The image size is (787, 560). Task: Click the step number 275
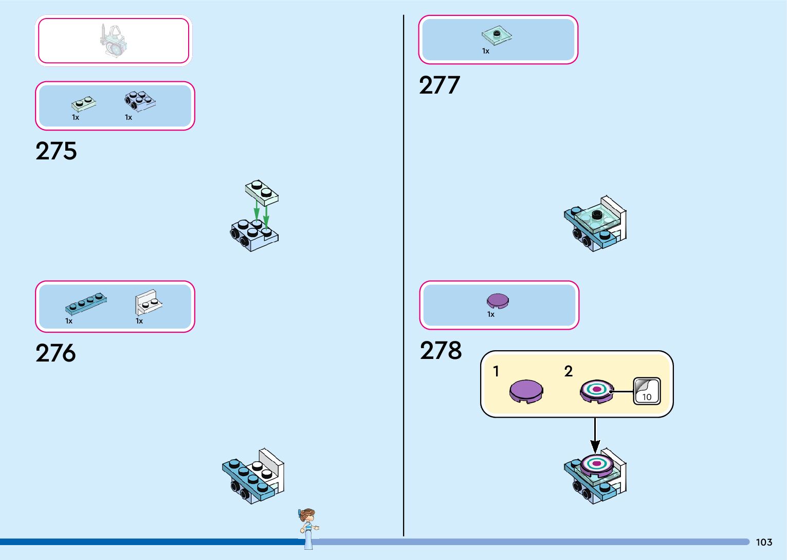pyautogui.click(x=56, y=151)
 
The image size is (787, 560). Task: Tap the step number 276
pyautogui.click(x=56, y=353)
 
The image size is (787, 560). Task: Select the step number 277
pyautogui.click(x=439, y=85)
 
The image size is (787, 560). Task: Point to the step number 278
pyautogui.click(x=441, y=351)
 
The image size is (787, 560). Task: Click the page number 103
pyautogui.click(x=764, y=542)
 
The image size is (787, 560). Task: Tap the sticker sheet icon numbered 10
pyautogui.click(x=647, y=391)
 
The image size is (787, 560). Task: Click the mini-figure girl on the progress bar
pyautogui.click(x=308, y=527)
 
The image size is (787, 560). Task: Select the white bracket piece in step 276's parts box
pyautogui.click(x=148, y=302)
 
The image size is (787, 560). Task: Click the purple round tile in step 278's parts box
pyautogui.click(x=498, y=301)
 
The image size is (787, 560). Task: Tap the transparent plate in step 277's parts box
pyautogui.click(x=497, y=36)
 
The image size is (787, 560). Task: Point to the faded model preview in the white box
pyautogui.click(x=114, y=41)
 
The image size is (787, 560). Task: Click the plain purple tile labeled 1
pyautogui.click(x=526, y=391)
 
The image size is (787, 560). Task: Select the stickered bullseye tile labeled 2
pyautogui.click(x=596, y=391)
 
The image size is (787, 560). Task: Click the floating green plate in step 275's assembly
pyautogui.click(x=262, y=192)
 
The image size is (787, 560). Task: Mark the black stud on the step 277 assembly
pyautogui.click(x=596, y=214)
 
